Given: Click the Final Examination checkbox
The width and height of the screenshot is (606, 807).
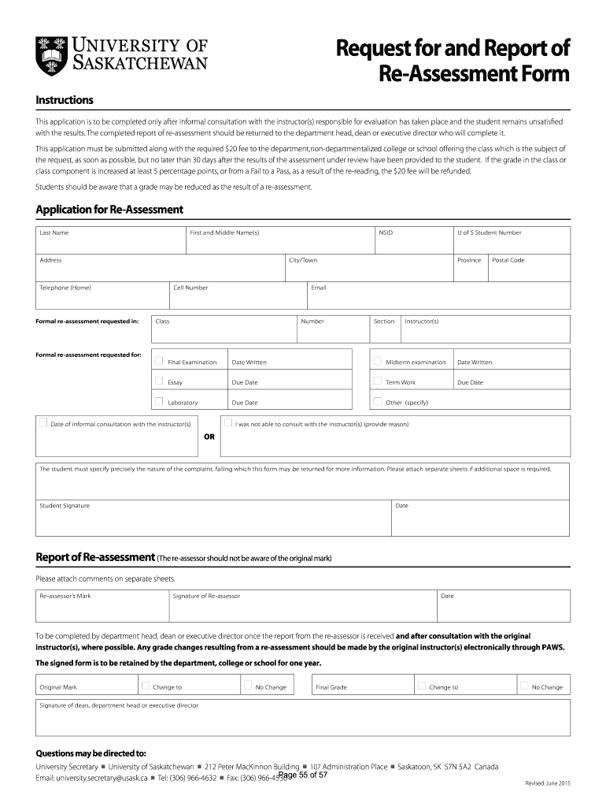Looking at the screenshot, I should tap(159, 361).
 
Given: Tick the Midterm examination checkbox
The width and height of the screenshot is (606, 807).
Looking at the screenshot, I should tap(378, 361).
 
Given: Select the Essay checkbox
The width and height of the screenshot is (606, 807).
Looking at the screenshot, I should tap(159, 381).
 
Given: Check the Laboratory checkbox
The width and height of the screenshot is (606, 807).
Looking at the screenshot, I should tap(159, 401).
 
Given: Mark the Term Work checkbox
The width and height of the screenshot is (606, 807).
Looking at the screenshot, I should tap(378, 381).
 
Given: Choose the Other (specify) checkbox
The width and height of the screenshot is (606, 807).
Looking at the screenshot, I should tap(378, 401).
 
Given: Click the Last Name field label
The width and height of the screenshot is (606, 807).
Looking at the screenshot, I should tap(54, 232).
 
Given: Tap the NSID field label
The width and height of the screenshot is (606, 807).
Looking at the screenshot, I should tap(386, 232).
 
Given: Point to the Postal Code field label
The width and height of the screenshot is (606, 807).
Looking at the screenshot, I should tap(508, 260).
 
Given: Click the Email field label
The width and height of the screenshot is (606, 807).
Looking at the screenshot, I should tap(318, 288).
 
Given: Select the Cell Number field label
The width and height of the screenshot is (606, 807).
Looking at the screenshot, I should tap(190, 288).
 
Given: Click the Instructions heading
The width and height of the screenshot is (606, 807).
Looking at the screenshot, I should tap(65, 100).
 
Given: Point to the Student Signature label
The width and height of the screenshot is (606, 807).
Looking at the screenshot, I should tap(65, 505).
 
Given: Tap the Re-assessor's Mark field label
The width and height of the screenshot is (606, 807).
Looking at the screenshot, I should tap(65, 596).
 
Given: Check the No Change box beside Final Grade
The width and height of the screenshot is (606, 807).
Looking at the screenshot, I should tap(524, 686).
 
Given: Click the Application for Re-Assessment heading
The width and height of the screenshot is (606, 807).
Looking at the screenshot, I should tap(109, 210).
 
